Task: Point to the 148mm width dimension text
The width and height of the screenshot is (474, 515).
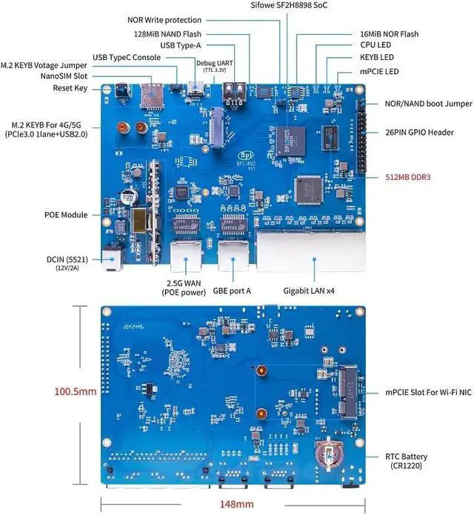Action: pos(236,504)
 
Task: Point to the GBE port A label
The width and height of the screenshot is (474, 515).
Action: pos(231,290)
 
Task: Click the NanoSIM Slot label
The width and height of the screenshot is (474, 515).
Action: pos(63,75)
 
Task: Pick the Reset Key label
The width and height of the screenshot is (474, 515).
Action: pos(70,88)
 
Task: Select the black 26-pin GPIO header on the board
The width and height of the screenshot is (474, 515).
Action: pos(362,137)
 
